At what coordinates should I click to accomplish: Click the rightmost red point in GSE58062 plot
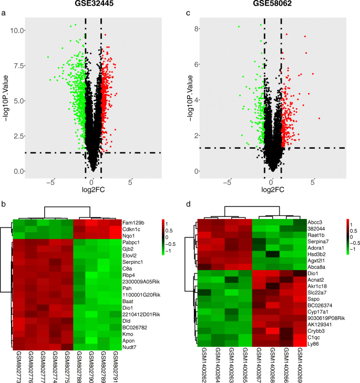click(318, 119)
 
